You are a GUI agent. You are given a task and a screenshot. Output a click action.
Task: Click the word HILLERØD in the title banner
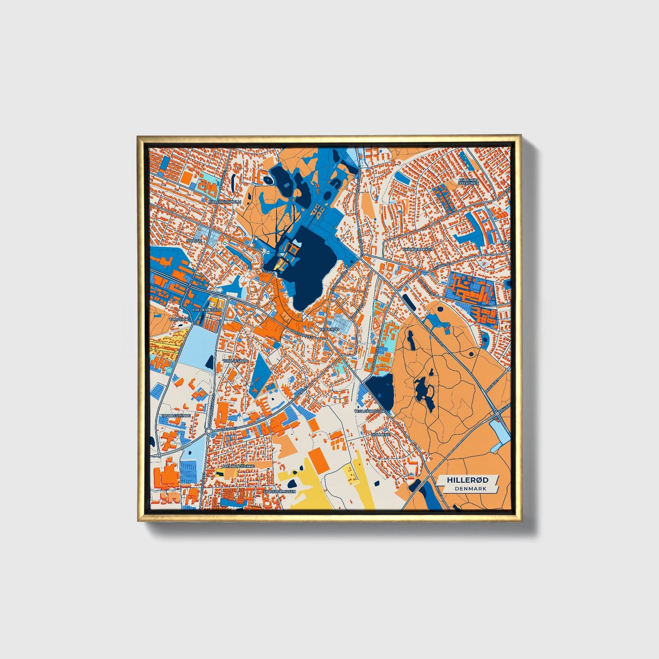[467, 480]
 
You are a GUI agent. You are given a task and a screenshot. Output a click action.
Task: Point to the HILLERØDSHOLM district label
[224, 201]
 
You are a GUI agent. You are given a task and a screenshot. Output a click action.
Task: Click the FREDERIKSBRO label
[207, 310]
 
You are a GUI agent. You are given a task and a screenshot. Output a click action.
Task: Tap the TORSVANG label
[179, 320]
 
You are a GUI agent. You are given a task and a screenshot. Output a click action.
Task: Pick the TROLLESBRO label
[235, 361]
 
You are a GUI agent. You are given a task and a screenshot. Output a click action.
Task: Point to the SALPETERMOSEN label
[280, 492]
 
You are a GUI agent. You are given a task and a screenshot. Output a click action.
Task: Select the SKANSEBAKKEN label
[417, 250]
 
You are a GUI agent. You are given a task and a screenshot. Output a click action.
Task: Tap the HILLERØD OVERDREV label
[469, 182]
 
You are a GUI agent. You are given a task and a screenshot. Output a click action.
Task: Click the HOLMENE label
[381, 435]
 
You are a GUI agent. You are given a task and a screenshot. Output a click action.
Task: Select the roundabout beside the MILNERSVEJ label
[208, 431]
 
